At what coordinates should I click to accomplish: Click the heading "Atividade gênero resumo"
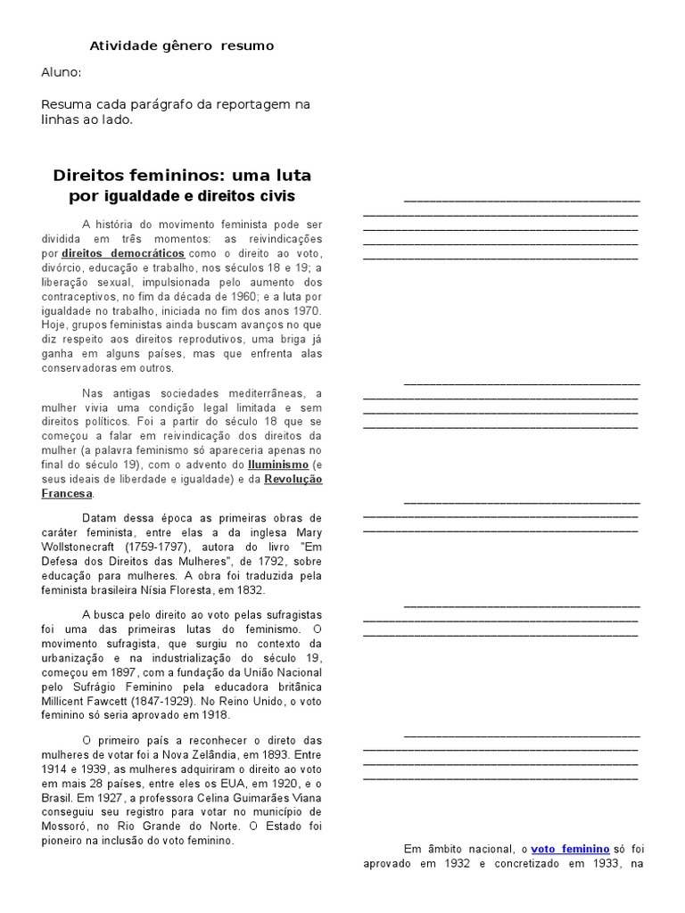click(x=182, y=45)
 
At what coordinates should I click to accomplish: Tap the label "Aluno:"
click(x=62, y=73)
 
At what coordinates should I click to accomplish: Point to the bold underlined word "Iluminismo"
click(x=278, y=465)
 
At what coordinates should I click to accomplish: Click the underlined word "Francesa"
click(x=67, y=494)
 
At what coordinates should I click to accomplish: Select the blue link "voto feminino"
click(x=570, y=850)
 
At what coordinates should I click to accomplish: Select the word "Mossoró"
click(x=67, y=826)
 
